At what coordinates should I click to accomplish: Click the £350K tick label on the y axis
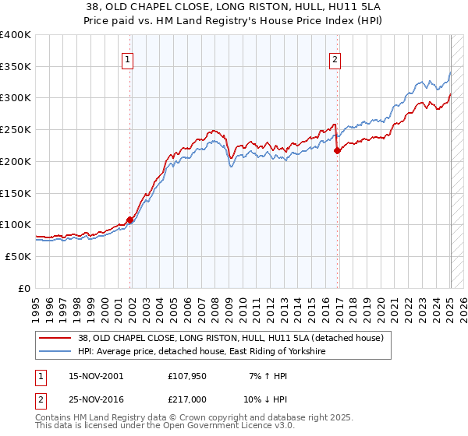tap(16, 67)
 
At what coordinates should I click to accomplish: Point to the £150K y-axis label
tap(16, 193)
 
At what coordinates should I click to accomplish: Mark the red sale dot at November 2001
tap(129, 220)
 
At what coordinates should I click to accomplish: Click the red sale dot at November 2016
tap(337, 151)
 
